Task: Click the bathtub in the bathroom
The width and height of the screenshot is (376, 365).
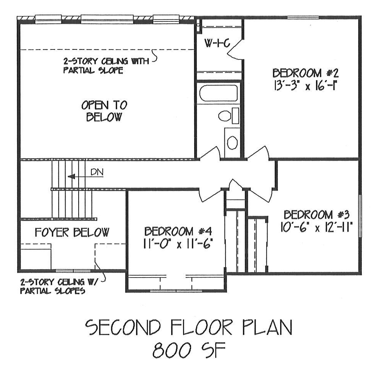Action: coord(218,93)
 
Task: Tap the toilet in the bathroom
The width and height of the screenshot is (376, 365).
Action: coord(228,116)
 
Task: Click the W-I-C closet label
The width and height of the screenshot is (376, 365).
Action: coord(217,43)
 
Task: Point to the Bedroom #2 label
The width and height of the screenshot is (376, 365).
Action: coord(305,73)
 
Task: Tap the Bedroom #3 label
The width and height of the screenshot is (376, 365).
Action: coord(317,215)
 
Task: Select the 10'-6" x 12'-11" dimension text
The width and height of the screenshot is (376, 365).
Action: coord(317,227)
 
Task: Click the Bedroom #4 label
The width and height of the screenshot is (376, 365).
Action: coord(178,232)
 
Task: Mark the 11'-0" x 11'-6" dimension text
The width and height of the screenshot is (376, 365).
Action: coord(178,244)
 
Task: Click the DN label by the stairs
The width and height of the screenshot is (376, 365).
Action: coord(97,172)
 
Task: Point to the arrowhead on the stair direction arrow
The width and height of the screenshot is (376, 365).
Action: coord(71,177)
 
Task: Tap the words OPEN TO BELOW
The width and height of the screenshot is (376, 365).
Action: coord(104,111)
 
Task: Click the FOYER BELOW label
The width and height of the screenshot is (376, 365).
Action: coord(72,232)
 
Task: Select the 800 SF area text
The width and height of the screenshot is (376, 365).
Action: coord(189,350)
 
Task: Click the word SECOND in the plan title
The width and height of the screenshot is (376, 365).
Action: coord(122,327)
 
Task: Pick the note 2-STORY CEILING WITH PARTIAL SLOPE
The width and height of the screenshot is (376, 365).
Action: coord(106,66)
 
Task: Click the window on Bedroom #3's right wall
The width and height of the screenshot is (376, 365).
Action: coord(360,216)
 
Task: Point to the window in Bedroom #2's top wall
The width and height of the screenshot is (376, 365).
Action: coord(303,18)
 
